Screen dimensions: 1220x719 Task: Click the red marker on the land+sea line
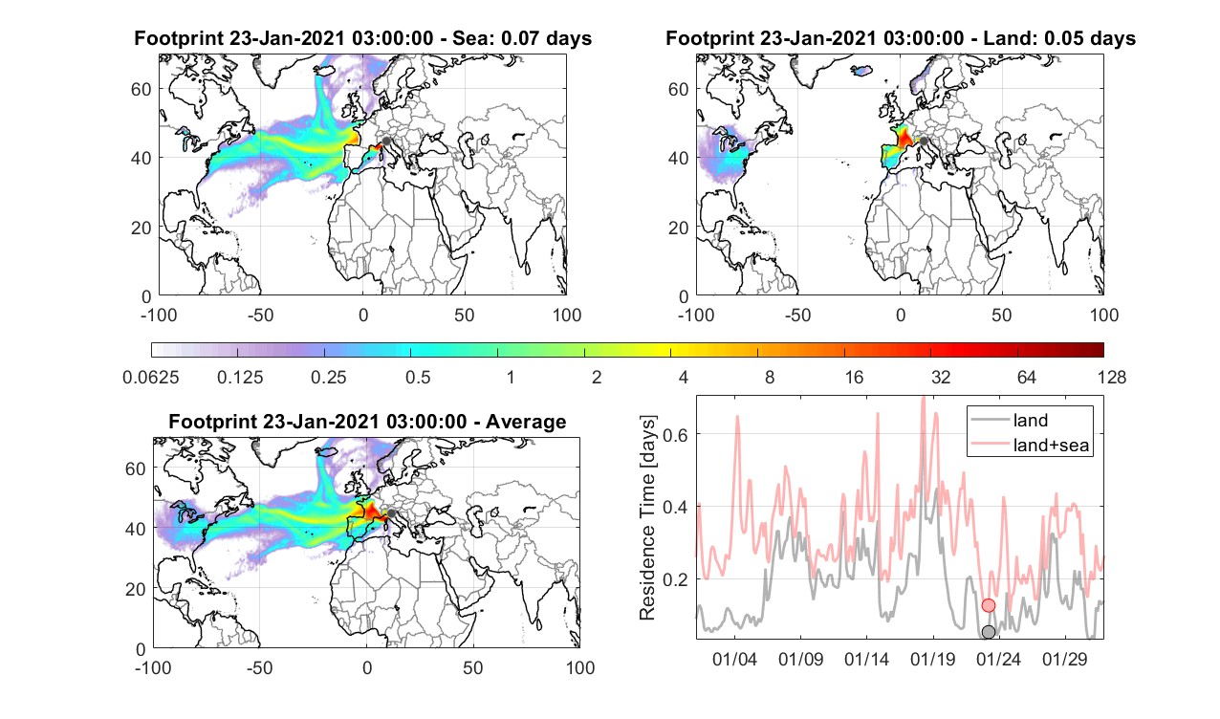tap(988, 605)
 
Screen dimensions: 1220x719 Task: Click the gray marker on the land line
tap(988, 632)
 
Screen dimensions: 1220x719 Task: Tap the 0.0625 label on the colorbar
tap(151, 377)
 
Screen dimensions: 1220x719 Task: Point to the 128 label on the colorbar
tap(1111, 377)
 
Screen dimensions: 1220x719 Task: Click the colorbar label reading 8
tap(769, 377)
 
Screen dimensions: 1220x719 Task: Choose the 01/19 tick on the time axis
tap(932, 659)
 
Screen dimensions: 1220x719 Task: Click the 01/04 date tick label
tap(734, 659)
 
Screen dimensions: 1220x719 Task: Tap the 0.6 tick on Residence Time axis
tap(676, 434)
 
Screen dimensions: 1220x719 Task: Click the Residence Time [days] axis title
tap(647, 518)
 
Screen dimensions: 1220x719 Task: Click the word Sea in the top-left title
tap(467, 38)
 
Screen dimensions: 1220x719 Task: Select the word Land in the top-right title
tap(1007, 38)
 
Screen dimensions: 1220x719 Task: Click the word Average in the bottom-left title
tap(526, 423)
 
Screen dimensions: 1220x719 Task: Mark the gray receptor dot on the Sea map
tap(386, 141)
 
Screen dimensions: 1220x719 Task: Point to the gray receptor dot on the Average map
tap(390, 513)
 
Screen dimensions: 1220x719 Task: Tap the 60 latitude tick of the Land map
tap(678, 89)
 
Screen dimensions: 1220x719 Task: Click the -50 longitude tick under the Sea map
tap(260, 315)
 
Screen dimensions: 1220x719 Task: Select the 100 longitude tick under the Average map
tap(580, 667)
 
